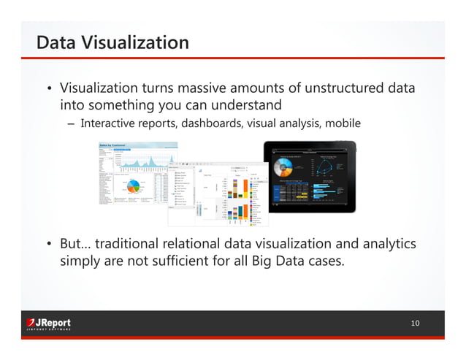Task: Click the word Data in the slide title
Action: [57, 42]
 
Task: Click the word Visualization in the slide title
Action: [135, 42]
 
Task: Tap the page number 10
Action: [415, 323]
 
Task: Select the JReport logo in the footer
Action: [48, 323]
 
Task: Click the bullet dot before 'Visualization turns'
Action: [49, 90]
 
